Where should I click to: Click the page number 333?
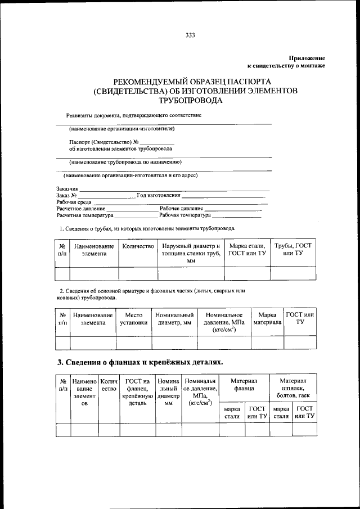(x=190, y=35)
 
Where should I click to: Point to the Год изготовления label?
(x=158, y=195)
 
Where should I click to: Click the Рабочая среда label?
(x=74, y=202)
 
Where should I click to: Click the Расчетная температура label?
(x=85, y=215)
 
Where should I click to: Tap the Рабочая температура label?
(x=185, y=215)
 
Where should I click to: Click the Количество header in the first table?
(x=138, y=246)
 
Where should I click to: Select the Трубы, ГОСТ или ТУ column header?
(x=292, y=250)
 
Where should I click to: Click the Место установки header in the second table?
(x=134, y=319)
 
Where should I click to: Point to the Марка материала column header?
(x=267, y=319)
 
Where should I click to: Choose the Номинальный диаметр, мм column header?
(x=175, y=319)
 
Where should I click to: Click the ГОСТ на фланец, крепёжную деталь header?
(x=137, y=392)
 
